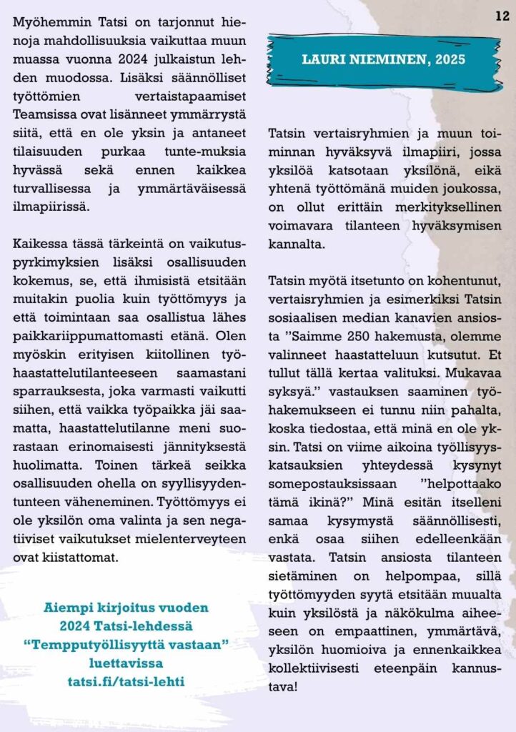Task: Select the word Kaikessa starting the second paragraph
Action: [x=39, y=237]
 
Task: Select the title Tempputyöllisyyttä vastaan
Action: [x=125, y=646]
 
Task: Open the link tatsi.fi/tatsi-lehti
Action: [x=126, y=682]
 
